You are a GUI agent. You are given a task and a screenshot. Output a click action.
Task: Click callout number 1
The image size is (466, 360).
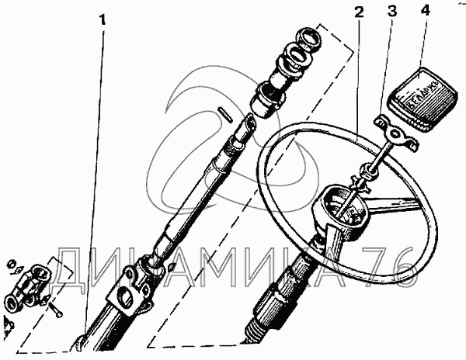pos(101,18)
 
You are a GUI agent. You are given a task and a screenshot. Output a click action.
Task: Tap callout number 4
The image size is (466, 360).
pos(423,12)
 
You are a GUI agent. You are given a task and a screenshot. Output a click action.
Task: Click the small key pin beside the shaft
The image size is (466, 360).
pos(224,112)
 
